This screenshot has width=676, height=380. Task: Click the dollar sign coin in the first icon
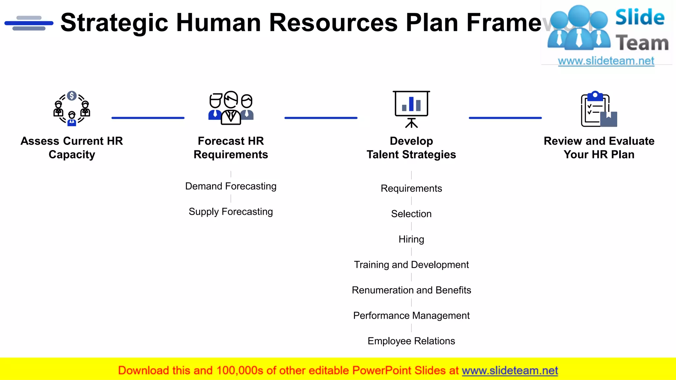point(72,96)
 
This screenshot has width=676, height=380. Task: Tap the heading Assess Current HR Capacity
point(72,147)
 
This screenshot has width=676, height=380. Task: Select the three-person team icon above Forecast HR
point(231,108)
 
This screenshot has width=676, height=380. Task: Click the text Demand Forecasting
point(231,186)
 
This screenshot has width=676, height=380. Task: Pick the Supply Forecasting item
point(231,211)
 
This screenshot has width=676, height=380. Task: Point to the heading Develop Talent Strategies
point(411,147)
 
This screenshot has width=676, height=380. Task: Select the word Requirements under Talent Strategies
point(411,188)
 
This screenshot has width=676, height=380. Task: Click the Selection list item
point(411,214)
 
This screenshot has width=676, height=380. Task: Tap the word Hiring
point(411,239)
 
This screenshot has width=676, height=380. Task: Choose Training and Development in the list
point(411,265)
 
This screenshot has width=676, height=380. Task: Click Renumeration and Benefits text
point(411,290)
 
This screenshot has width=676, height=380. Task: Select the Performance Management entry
point(411,315)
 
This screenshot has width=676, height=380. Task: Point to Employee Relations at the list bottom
point(411,341)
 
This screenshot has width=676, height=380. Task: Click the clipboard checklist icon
point(598,110)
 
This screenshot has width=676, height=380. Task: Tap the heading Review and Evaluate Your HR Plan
point(599,147)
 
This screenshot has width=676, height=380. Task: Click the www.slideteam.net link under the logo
point(606,61)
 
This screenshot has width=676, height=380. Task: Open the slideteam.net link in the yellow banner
point(510,370)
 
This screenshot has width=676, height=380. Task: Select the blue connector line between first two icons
point(148,118)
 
